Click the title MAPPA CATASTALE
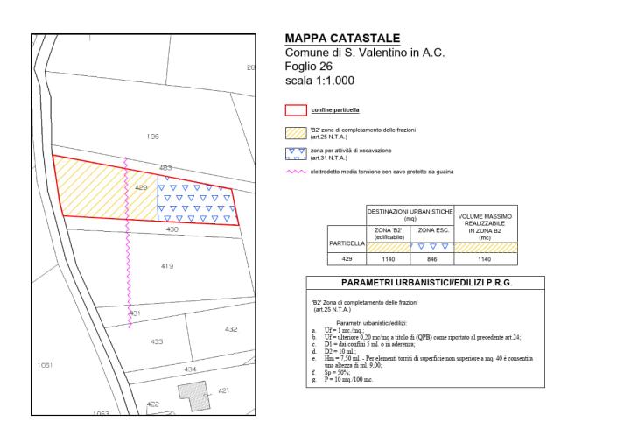[343, 39]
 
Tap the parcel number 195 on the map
[153, 137]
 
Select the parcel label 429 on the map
[139, 188]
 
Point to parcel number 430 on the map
[172, 229]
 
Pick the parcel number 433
[157, 341]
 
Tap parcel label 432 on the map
[231, 329]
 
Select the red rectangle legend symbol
[296, 111]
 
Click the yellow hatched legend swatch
[296, 134]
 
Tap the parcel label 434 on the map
[190, 369]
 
